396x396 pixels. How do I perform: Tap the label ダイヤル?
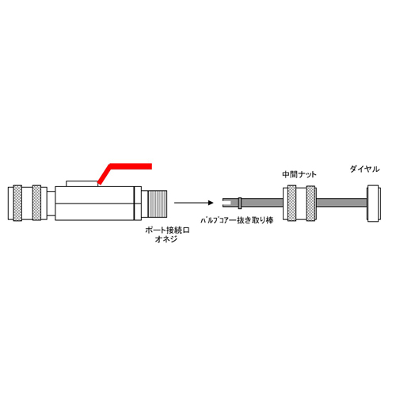(x=364, y=169)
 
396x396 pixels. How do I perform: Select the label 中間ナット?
(x=299, y=174)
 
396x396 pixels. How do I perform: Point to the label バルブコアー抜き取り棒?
(x=237, y=220)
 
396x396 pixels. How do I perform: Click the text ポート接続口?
(x=167, y=230)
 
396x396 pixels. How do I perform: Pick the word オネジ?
(x=166, y=239)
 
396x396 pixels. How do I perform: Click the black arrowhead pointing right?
(x=211, y=203)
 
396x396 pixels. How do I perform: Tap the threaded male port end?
(x=158, y=204)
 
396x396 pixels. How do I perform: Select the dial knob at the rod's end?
(x=374, y=204)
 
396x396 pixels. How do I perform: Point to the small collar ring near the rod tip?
(x=240, y=203)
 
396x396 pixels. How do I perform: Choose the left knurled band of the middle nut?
(x=291, y=204)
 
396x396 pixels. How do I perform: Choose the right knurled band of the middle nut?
(x=310, y=204)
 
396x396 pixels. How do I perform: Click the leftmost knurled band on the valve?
(x=17, y=203)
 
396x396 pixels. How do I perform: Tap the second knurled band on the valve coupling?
(x=36, y=203)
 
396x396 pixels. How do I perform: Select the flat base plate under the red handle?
(x=82, y=184)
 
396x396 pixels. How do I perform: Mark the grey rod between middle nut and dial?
(x=342, y=203)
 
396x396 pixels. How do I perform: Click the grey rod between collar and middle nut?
(x=262, y=203)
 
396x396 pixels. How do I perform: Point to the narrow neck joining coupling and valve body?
(x=51, y=204)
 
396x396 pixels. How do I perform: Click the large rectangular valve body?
(x=94, y=204)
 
